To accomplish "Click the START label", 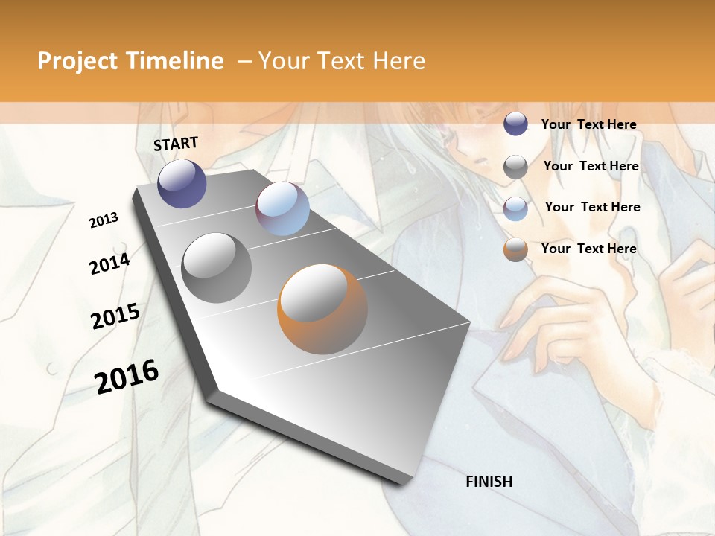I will (x=176, y=144).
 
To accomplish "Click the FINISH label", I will (x=489, y=482).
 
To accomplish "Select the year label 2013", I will (x=104, y=220).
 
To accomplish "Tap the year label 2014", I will (x=109, y=264).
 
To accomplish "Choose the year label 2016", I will (x=127, y=377).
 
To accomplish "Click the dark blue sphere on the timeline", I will (x=182, y=183).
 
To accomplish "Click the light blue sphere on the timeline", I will (x=282, y=208).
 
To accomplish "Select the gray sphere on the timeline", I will (x=217, y=268).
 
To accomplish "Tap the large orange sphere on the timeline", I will (x=322, y=309).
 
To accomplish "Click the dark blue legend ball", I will (x=515, y=124).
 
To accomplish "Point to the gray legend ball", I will (x=515, y=167).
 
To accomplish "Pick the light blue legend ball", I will (x=515, y=208).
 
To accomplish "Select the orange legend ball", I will (x=515, y=249).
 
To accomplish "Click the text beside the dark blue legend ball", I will (x=588, y=124).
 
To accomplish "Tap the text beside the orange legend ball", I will (x=588, y=249).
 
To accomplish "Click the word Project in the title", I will (x=77, y=61).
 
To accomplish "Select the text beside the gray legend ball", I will (x=591, y=166).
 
